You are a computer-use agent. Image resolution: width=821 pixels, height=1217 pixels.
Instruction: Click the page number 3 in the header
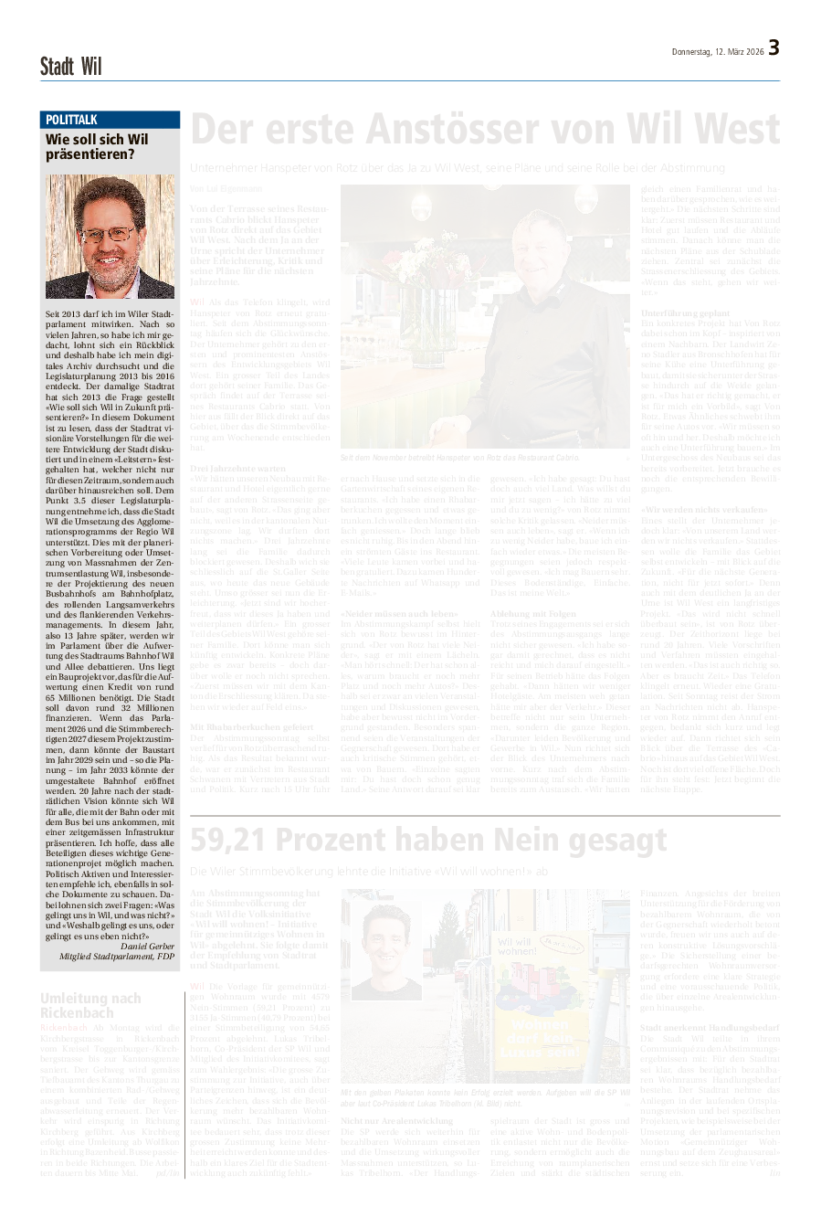pyautogui.click(x=774, y=48)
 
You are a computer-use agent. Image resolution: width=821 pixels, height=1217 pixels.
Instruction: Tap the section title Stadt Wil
pyautogui.click(x=70, y=67)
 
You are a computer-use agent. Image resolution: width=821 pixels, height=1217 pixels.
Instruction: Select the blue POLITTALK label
pyautogui.click(x=72, y=120)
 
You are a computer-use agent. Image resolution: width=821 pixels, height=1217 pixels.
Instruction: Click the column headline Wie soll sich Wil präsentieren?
pyautogui.click(x=97, y=147)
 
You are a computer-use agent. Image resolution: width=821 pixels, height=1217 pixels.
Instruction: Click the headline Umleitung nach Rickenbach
pyautogui.click(x=90, y=1005)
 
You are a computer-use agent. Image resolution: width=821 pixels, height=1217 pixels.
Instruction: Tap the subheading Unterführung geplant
pyautogui.click(x=685, y=313)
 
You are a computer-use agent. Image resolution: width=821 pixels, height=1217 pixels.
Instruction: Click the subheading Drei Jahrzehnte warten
pyautogui.click(x=237, y=468)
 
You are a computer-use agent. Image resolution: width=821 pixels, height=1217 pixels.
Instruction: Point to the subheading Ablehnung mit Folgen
pyautogui.click(x=533, y=613)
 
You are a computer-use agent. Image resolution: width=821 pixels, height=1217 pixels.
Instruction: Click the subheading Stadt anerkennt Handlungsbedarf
pyautogui.click(x=710, y=1028)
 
